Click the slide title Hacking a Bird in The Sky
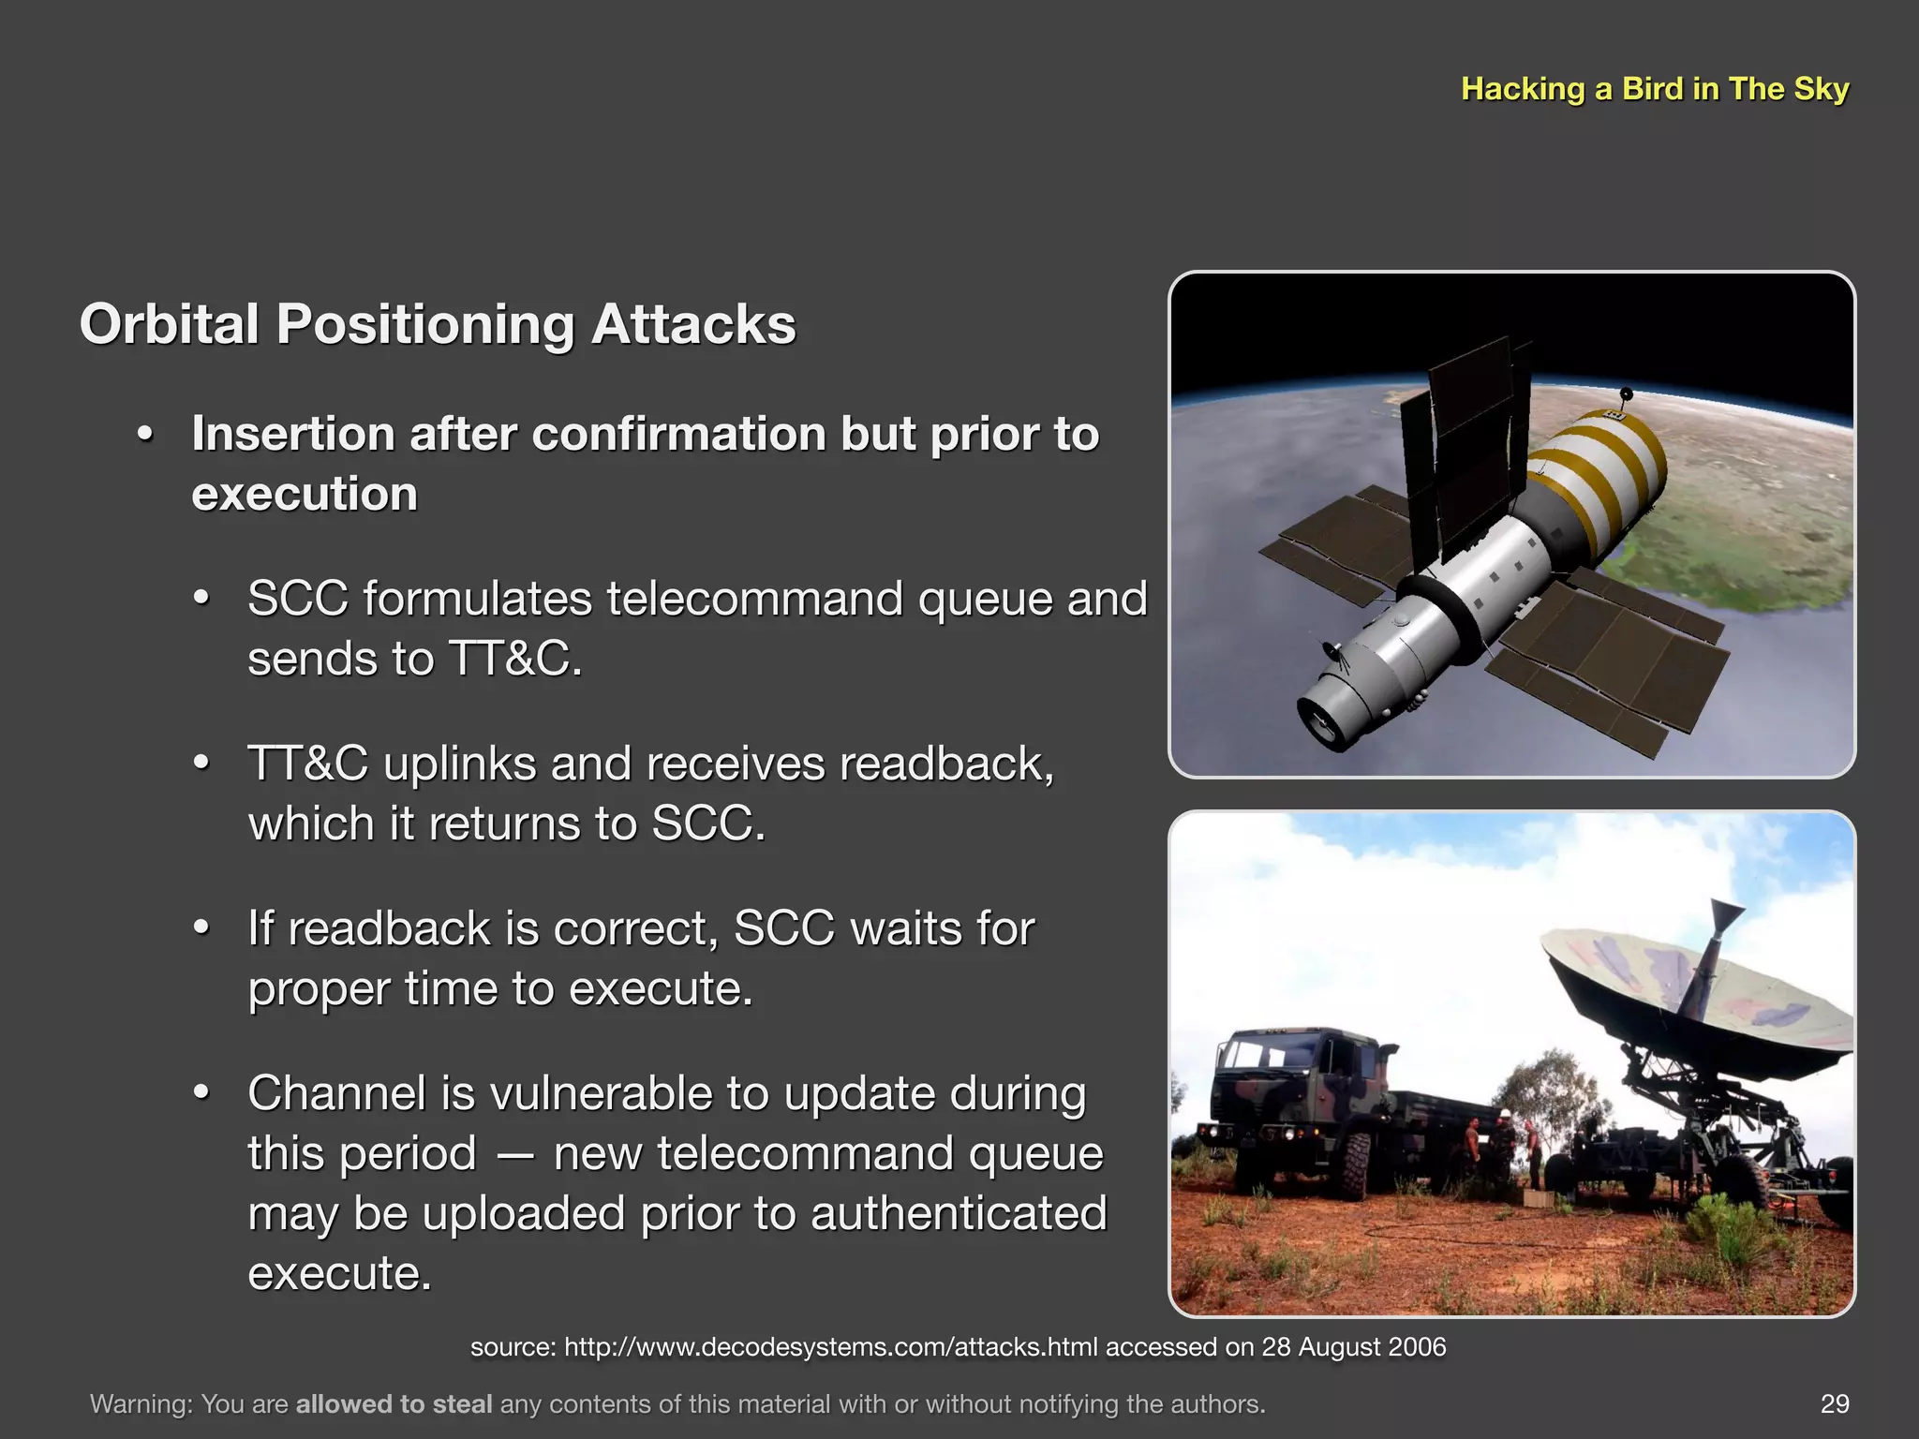1655,89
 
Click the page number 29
1834,1403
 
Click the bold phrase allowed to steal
394,1404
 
